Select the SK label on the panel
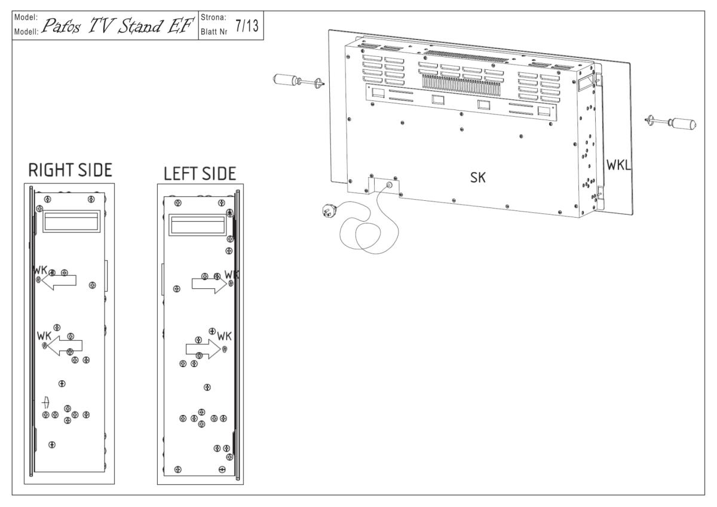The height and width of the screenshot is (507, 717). point(477,177)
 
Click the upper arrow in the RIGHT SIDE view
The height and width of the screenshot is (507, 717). point(60,280)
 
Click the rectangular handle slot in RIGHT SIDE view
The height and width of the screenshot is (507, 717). point(71,222)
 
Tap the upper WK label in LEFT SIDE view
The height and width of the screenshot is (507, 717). point(232,274)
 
